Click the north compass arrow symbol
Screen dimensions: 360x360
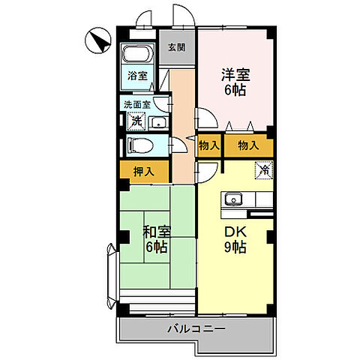point(95,38)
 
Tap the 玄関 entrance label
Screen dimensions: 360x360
point(176,46)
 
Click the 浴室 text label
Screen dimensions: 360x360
point(136,76)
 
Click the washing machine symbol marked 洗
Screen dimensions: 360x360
point(136,121)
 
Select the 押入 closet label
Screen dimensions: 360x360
point(144,172)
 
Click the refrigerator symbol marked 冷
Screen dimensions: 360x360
point(264,170)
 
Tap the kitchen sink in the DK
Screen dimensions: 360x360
point(232,200)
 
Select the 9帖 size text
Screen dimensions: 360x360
point(235,247)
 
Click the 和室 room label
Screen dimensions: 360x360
point(156,231)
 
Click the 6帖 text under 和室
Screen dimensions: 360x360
point(156,247)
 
